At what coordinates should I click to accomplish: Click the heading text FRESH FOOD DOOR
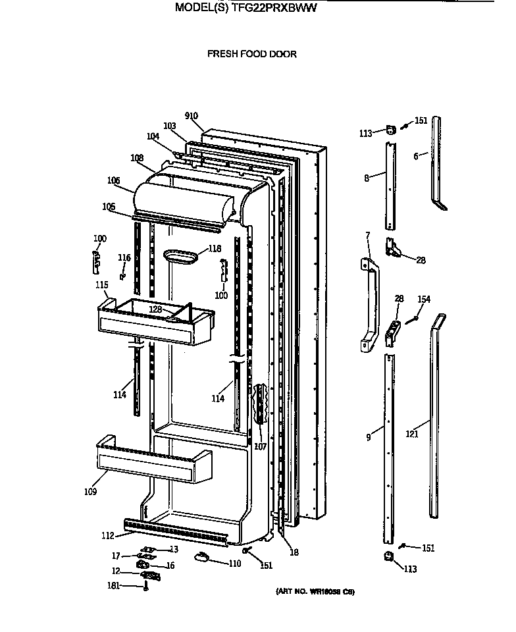(x=252, y=54)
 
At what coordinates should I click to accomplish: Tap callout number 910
(x=192, y=117)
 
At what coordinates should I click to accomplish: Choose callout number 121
(x=412, y=434)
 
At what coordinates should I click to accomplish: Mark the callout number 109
(x=90, y=491)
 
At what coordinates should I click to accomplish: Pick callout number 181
(x=113, y=585)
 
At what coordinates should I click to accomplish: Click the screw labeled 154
(x=415, y=319)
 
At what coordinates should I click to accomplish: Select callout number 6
(x=416, y=156)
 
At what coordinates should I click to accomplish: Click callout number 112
(x=107, y=535)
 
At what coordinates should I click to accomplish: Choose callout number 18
(x=294, y=552)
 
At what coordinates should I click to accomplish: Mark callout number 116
(x=124, y=257)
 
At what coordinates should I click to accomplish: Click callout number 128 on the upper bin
(x=155, y=309)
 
